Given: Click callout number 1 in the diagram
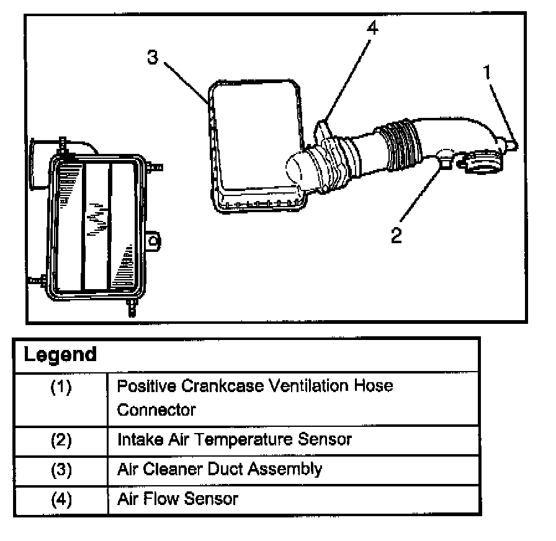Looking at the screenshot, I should pyautogui.click(x=488, y=73).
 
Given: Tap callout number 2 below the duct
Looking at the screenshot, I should pyautogui.click(x=396, y=235).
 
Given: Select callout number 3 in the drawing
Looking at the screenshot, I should pyautogui.click(x=153, y=57).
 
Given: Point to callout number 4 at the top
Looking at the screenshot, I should pyautogui.click(x=371, y=29).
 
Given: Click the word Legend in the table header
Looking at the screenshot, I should pyautogui.click(x=60, y=355).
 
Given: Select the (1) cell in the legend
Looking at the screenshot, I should pyautogui.click(x=61, y=387).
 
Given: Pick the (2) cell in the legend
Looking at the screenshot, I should pyautogui.click(x=61, y=440).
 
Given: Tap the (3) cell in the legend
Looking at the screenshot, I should pyautogui.click(x=61, y=469).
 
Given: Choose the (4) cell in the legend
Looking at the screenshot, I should pyautogui.click(x=61, y=498).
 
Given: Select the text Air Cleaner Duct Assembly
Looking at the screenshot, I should pyautogui.click(x=219, y=468).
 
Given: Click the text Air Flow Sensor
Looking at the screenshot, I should pyautogui.click(x=177, y=498).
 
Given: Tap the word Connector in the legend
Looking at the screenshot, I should pyautogui.click(x=156, y=409).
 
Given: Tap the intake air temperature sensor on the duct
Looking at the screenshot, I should pyautogui.click(x=445, y=156).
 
